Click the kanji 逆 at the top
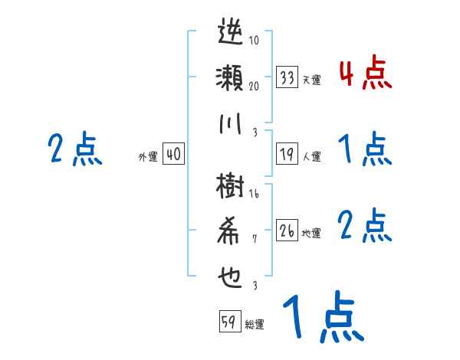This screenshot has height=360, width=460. (x=230, y=34)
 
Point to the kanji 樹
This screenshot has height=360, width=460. (x=230, y=187)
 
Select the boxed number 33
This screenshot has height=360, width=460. (x=287, y=77)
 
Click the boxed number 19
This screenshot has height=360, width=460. (x=287, y=154)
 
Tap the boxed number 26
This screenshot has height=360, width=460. (x=287, y=231)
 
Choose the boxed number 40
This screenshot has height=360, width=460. (x=172, y=154)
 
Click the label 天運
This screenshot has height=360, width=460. (x=311, y=80)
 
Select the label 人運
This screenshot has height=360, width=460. (x=311, y=156)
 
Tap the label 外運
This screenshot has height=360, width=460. (x=148, y=156)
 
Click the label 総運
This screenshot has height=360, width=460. (x=255, y=324)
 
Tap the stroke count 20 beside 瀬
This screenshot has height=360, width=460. (x=254, y=86)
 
